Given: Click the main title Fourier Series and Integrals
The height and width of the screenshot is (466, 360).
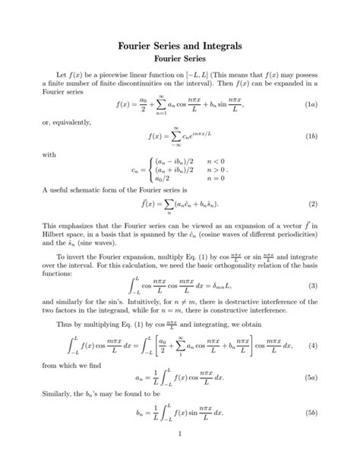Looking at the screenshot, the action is click(180, 46).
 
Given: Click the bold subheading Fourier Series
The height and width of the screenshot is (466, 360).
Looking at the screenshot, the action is click(180, 60).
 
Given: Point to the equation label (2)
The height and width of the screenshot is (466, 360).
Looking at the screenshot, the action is click(312, 204).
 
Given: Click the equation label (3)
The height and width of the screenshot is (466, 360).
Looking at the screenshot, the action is click(312, 285).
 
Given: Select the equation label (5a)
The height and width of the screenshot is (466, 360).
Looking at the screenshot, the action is click(311, 377).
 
